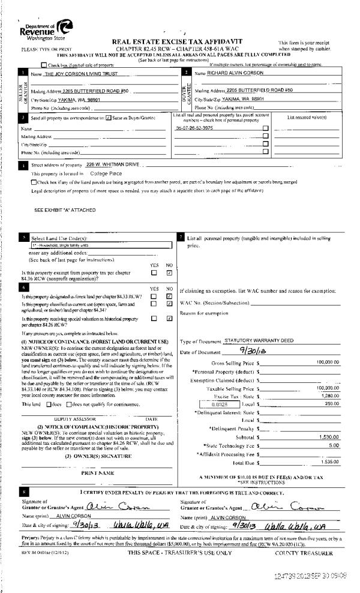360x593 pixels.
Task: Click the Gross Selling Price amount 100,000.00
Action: (x=328, y=363)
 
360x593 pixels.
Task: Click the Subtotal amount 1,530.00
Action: (x=329, y=439)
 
